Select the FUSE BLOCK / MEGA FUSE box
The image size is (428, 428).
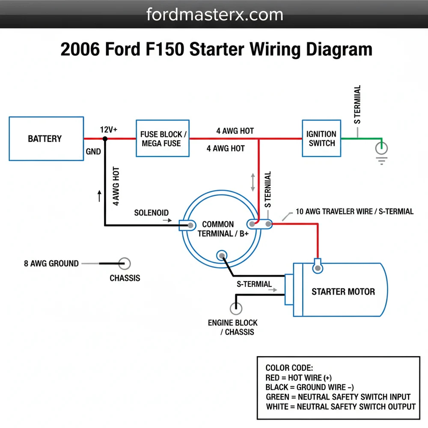tap(162, 138)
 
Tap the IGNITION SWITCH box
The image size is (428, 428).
tap(321, 138)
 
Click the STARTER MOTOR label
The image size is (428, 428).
tap(343, 291)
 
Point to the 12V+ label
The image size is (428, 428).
tap(109, 130)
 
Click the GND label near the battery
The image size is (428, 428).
tap(93, 152)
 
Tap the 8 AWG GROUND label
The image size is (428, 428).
tap(51, 264)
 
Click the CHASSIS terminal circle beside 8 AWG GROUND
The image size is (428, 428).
tap(125, 264)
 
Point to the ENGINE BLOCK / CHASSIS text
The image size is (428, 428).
tap(233, 327)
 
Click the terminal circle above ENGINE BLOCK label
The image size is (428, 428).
tap(235, 308)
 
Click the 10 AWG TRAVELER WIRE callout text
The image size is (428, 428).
tap(354, 211)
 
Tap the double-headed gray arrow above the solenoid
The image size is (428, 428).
tap(253, 182)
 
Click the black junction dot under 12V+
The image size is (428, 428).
tap(105, 139)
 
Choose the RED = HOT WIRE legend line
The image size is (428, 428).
tap(298, 377)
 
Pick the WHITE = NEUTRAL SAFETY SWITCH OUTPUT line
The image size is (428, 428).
tap(340, 406)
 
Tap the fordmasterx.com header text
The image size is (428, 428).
tap(214, 15)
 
